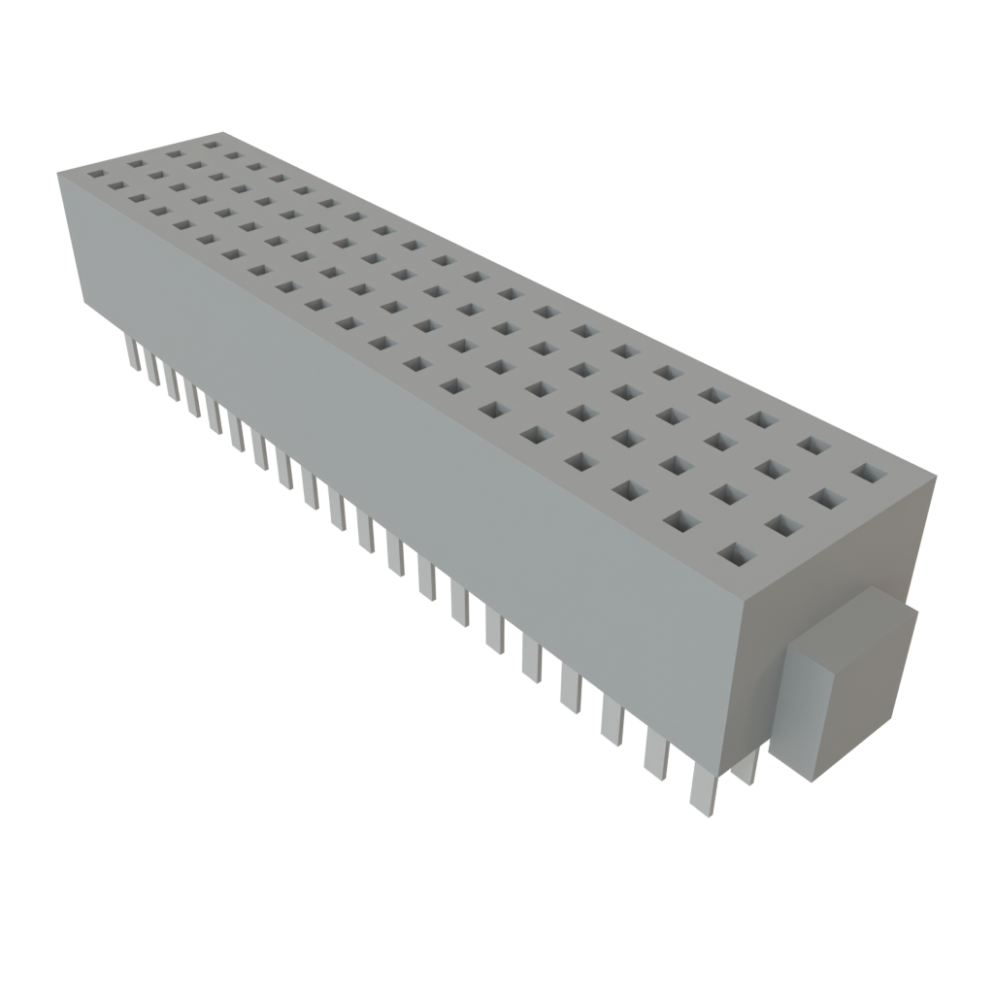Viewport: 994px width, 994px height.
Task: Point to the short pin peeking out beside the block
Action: coord(748,766)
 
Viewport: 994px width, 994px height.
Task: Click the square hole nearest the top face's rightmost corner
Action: coord(870,474)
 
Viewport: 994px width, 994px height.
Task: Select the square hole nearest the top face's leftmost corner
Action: coord(97,175)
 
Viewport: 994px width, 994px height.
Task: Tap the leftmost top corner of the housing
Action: coord(56,171)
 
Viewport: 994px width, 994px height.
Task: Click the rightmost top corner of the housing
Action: coord(938,476)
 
